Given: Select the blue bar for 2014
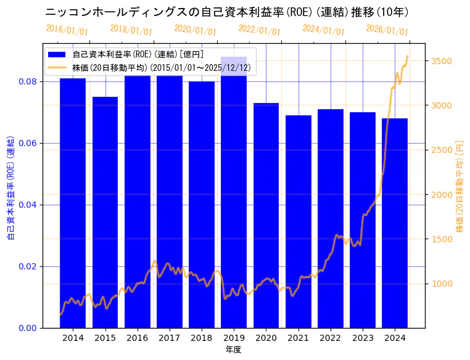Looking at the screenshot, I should pyautogui.click(x=73, y=203).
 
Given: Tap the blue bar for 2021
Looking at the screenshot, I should pyautogui.click(x=298, y=222).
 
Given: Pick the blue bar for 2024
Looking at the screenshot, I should pyautogui.click(x=395, y=222).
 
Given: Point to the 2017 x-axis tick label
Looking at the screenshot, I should pyautogui.click(x=169, y=338).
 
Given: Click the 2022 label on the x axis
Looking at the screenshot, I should pyautogui.click(x=330, y=338).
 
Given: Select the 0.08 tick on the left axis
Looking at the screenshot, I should pyautogui.click(x=27, y=82).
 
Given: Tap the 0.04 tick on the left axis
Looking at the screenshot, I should pyautogui.click(x=27, y=205).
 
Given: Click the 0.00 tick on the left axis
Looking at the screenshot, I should pyautogui.click(x=27, y=328).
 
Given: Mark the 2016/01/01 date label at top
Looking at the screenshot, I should pyautogui.click(x=67, y=30).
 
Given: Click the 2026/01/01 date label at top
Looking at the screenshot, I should pyautogui.click(x=387, y=30).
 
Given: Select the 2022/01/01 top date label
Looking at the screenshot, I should pyautogui.click(x=259, y=30).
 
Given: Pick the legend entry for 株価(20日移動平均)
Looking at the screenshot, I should pyautogui.click(x=161, y=67).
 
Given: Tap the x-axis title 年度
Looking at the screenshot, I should pyautogui.click(x=233, y=350).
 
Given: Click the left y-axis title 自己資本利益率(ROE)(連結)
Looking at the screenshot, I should pyautogui.click(x=10, y=186).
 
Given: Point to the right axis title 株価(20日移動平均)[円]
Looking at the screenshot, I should pyautogui.click(x=460, y=186).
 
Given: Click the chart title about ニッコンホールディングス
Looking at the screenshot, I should pyautogui.click(x=227, y=12).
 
